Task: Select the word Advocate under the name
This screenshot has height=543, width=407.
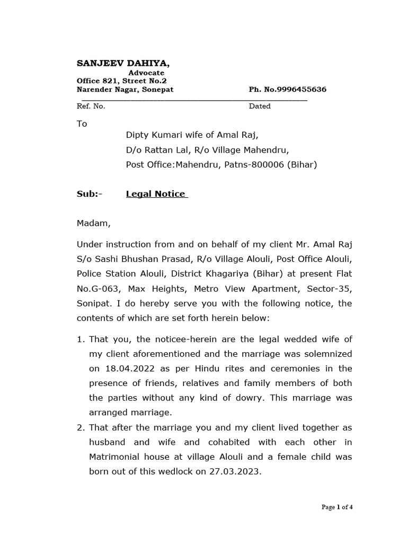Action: coord(146,73)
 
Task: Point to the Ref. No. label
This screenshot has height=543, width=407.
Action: coord(91,106)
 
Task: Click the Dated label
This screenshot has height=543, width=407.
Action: coord(260,106)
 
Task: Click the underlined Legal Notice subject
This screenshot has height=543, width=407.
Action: coord(156,194)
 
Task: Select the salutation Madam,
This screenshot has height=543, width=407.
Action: coord(94,223)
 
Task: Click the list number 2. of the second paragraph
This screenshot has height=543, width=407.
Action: coord(81,427)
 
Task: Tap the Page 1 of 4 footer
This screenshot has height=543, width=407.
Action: coord(337,507)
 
